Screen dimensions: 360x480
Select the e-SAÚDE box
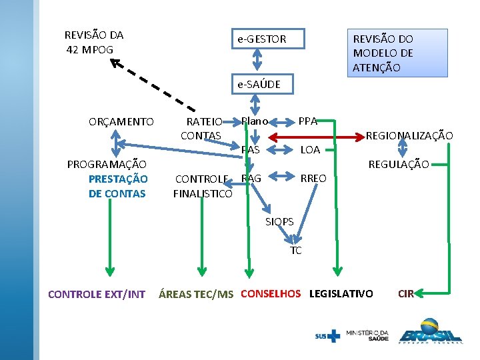click(260, 85)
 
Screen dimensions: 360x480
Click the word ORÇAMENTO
click(121, 122)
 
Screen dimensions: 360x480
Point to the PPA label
click(307, 121)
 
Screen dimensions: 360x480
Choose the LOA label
click(310, 150)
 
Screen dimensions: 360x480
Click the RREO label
click(313, 179)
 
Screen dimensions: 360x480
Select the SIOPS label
click(279, 221)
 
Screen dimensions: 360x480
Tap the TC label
click(296, 251)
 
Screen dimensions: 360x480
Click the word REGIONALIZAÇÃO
click(409, 136)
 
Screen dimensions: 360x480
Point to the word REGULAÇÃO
click(399, 164)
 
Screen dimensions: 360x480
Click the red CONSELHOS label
click(271, 293)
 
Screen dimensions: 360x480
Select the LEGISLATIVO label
click(341, 293)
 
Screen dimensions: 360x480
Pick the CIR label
click(405, 293)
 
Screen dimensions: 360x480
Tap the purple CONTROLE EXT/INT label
click(97, 294)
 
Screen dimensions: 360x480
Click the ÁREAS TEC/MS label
click(196, 294)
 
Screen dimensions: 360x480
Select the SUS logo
click(327, 336)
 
